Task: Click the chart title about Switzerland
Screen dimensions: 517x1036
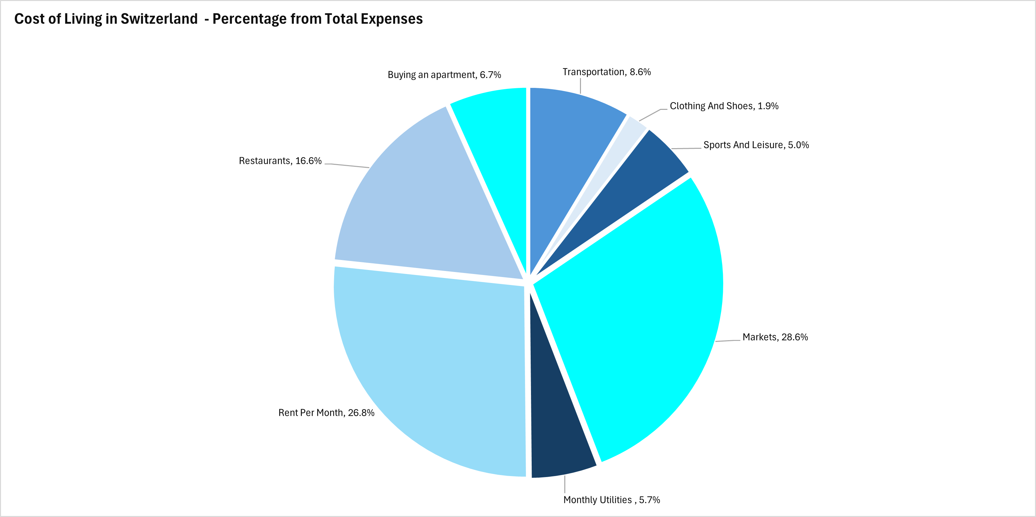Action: [219, 19]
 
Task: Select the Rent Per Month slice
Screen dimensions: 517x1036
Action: [434, 370]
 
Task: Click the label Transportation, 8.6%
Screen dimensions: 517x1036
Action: [607, 72]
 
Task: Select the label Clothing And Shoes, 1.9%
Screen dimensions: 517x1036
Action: [724, 106]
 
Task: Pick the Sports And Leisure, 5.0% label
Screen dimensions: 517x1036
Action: [756, 145]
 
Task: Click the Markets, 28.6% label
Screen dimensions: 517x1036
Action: [775, 337]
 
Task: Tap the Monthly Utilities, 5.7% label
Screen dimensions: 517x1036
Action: [611, 500]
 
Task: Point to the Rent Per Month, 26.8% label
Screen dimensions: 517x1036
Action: [326, 413]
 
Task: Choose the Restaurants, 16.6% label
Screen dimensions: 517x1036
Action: [280, 161]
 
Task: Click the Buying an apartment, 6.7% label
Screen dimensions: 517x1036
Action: [444, 75]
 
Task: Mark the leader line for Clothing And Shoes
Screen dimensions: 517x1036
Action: [651, 115]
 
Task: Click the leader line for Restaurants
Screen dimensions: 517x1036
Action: [348, 165]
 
